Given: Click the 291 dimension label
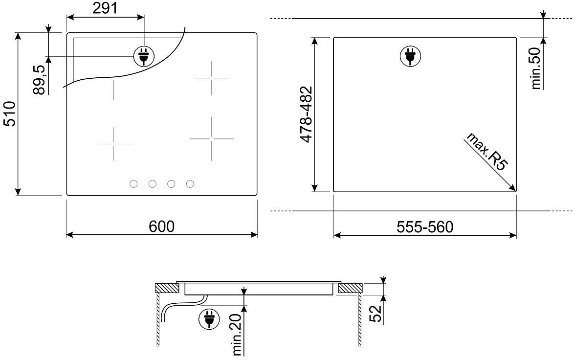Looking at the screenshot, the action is tap(105, 8).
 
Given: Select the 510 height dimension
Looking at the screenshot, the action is tap(9, 114).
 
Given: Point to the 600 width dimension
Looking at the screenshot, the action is tap(162, 226).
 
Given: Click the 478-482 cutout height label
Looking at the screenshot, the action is tap(306, 114).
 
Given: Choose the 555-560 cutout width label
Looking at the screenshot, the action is tap(425, 227).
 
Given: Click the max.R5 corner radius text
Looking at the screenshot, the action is tap(486, 152).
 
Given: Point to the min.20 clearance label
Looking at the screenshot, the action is tap(238, 334).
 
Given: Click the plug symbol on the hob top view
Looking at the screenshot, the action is tap(144, 56).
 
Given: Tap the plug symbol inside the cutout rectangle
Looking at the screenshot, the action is tap(410, 57).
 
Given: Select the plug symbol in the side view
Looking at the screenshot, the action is tap(209, 318).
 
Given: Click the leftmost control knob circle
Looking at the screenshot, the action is tap(133, 184).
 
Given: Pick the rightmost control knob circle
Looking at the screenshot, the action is tap(190, 184).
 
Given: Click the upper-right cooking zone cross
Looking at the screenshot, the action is tap(212, 78).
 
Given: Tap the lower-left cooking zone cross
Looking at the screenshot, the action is tap(113, 144).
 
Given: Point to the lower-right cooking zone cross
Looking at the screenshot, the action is tap(212, 139).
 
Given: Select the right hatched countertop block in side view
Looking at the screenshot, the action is tap(350, 288).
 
